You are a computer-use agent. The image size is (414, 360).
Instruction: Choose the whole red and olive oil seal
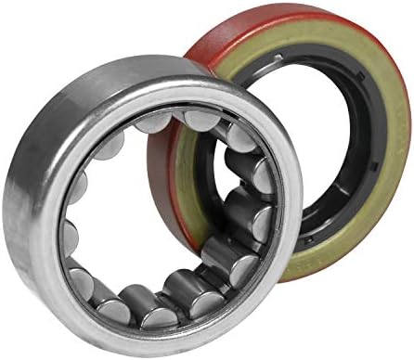297,139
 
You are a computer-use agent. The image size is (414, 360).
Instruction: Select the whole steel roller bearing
149,204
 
